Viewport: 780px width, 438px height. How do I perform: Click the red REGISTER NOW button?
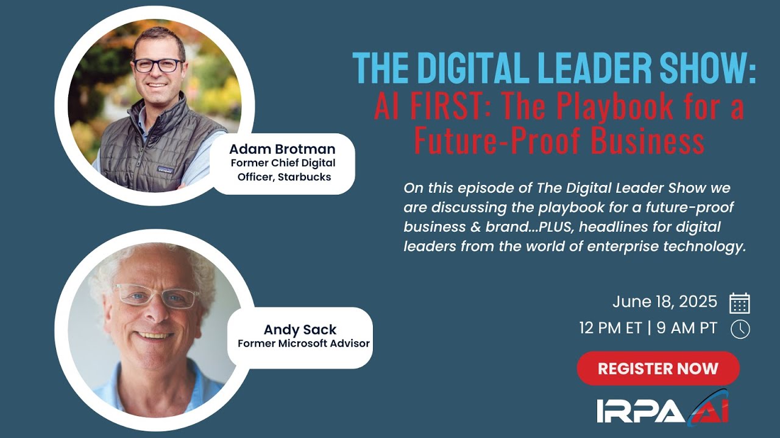click(658, 368)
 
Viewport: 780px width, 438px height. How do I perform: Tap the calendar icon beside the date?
click(739, 303)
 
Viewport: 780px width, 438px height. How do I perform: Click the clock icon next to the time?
click(740, 329)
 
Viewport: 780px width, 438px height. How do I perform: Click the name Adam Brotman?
click(282, 149)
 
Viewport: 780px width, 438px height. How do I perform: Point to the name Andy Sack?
click(300, 330)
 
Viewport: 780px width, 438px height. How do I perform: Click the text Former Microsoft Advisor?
click(303, 343)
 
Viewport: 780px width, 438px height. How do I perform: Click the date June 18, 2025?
click(665, 302)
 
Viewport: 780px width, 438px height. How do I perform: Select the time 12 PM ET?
click(611, 328)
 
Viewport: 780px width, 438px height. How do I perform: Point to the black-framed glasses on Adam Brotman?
click(158, 65)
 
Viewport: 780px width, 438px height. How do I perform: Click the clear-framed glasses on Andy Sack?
click(157, 296)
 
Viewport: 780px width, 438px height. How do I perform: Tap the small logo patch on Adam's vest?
click(165, 170)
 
